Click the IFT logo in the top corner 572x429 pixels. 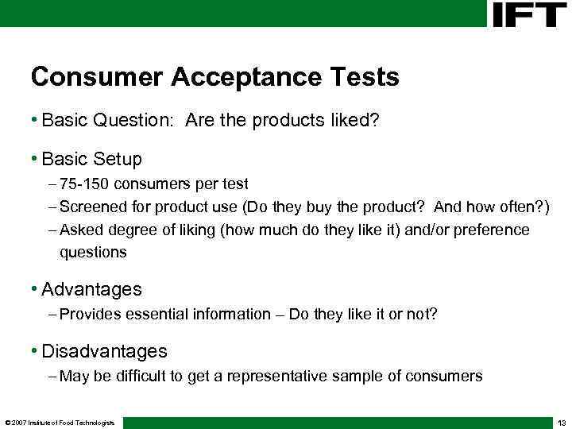(x=529, y=14)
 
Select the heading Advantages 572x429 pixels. (x=91, y=289)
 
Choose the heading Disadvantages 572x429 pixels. (x=104, y=351)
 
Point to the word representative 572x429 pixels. (x=280, y=377)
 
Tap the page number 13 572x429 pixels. (x=561, y=422)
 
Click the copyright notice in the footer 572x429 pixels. (x=60, y=422)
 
